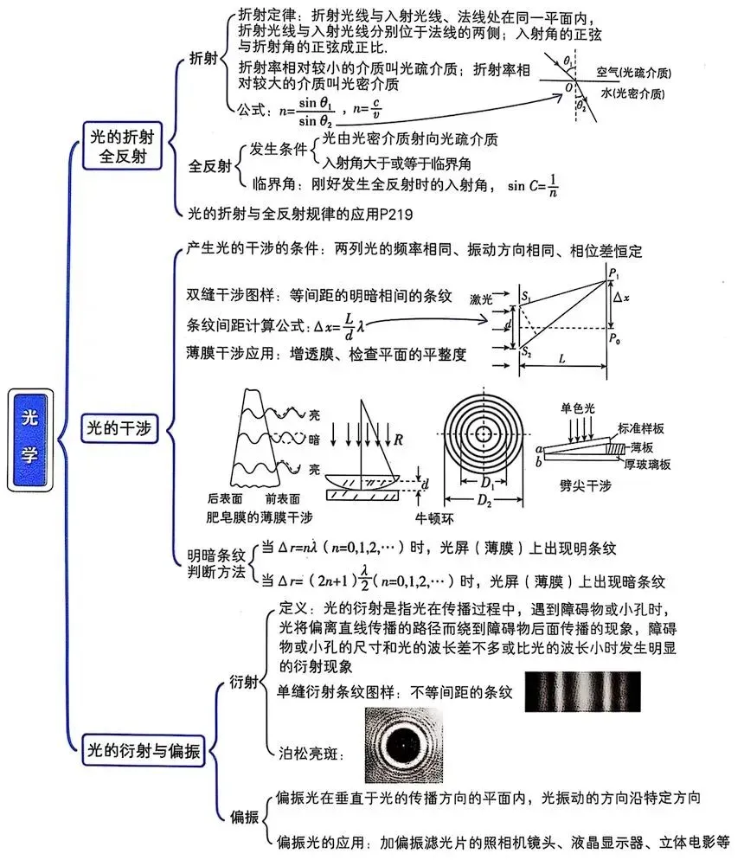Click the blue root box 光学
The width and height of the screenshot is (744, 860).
pos(30,440)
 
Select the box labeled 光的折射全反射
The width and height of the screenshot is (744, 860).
pos(122,146)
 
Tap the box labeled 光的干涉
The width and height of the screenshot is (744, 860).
pos(119,427)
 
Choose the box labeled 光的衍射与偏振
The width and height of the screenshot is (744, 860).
pos(144,750)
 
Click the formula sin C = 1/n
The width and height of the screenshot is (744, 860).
pos(533,186)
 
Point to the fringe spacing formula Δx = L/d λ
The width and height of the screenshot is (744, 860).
pos(339,326)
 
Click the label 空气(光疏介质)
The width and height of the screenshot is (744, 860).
pos(634,73)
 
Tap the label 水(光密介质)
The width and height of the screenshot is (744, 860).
pos(632,93)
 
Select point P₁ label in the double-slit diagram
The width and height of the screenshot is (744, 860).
pos(613,272)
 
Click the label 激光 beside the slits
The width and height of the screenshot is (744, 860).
pos(481,299)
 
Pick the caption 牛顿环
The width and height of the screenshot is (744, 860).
pos(434,517)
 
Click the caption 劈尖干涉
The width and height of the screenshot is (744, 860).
pos(585,485)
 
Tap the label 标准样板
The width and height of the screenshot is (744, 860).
pos(640,428)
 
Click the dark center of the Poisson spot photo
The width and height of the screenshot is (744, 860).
pos(403,745)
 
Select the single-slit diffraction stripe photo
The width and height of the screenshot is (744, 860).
pos(582,691)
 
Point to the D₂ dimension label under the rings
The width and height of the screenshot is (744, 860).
pos(484,500)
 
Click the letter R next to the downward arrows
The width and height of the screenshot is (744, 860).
pos(398,440)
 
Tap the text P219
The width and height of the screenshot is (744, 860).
pos(396,214)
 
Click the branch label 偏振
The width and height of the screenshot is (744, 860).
pos(245,817)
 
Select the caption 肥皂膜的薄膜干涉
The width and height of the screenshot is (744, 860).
pos(259,517)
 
